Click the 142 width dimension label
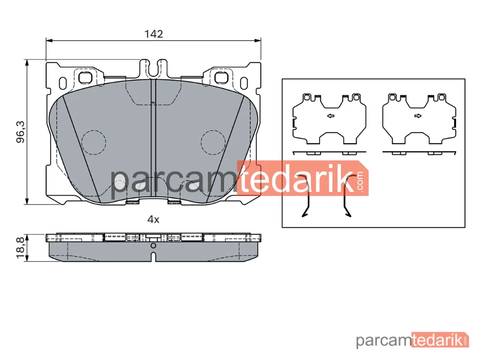(x=154, y=34)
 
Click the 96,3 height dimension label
(x=21, y=132)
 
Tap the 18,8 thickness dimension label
(x=21, y=248)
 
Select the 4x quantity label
(x=154, y=219)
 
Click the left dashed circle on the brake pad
(x=94, y=143)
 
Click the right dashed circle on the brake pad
(x=214, y=143)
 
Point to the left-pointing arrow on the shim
(x=331, y=116)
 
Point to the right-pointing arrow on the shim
(x=418, y=116)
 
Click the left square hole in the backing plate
(x=85, y=77)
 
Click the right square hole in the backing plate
(x=221, y=77)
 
